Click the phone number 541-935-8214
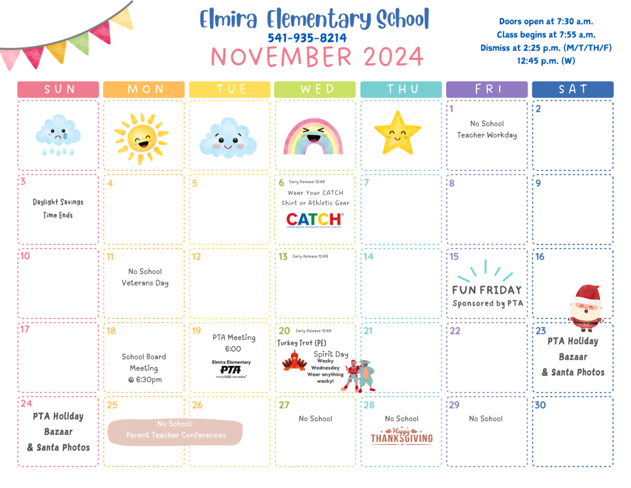pyautogui.click(x=307, y=38)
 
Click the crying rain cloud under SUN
pyautogui.click(x=59, y=135)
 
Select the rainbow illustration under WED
pyautogui.click(x=313, y=136)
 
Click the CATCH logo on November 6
pyautogui.click(x=314, y=220)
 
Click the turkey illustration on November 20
pyautogui.click(x=295, y=360)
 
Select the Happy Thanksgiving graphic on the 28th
pyautogui.click(x=402, y=436)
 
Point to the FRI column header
pyautogui.click(x=487, y=89)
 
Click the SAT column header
pyautogui.click(x=572, y=89)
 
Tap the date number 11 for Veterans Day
pyautogui.click(x=110, y=257)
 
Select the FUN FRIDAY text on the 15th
pyautogui.click(x=487, y=290)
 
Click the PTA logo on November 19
pyautogui.click(x=231, y=369)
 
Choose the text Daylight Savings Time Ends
pyautogui.click(x=58, y=209)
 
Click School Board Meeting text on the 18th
pyautogui.click(x=144, y=368)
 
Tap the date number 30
pyautogui.click(x=540, y=405)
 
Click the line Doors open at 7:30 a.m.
pyautogui.click(x=546, y=22)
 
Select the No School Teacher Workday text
pyautogui.click(x=487, y=129)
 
